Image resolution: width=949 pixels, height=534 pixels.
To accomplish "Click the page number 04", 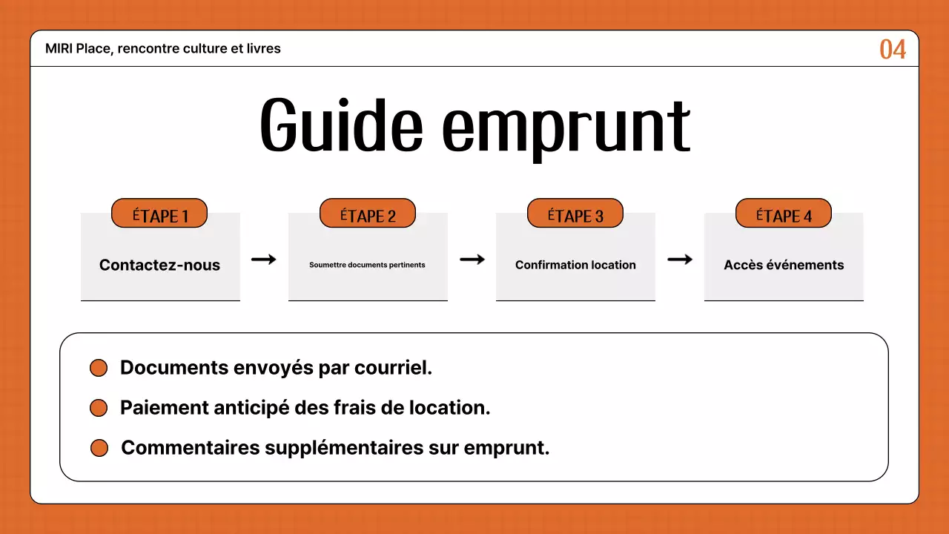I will pyautogui.click(x=893, y=50).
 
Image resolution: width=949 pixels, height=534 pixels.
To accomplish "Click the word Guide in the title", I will pyautogui.click(x=341, y=126).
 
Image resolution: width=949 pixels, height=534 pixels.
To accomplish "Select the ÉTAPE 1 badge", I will pyautogui.click(x=159, y=214).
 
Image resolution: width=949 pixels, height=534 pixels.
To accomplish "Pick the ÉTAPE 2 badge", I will pyautogui.click(x=368, y=214).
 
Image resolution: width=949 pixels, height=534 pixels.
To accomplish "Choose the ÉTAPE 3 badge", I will pyautogui.click(x=575, y=214).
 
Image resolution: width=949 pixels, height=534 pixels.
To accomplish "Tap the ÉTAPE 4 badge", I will pyautogui.click(x=784, y=214).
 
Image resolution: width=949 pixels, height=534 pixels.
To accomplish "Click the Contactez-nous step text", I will pyautogui.click(x=159, y=265).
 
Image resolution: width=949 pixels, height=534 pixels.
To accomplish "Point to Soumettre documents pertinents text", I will pyautogui.click(x=367, y=265).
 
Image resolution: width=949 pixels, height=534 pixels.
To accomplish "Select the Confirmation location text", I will pyautogui.click(x=575, y=265).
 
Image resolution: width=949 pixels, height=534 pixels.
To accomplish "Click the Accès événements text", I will pyautogui.click(x=784, y=265).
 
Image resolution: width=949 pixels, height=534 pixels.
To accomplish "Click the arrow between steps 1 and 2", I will pyautogui.click(x=263, y=259).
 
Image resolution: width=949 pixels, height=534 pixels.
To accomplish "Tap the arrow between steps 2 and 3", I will pyautogui.click(x=472, y=259).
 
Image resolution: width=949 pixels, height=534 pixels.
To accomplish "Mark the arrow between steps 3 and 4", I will pyautogui.click(x=680, y=259).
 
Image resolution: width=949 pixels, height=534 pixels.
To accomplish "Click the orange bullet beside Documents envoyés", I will pyautogui.click(x=99, y=369).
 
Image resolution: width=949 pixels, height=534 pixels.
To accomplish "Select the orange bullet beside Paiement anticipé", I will pyautogui.click(x=99, y=408).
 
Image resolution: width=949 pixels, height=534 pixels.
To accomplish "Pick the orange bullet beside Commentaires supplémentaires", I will pyautogui.click(x=99, y=448).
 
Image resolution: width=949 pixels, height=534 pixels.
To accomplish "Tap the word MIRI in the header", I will pyautogui.click(x=59, y=49).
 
